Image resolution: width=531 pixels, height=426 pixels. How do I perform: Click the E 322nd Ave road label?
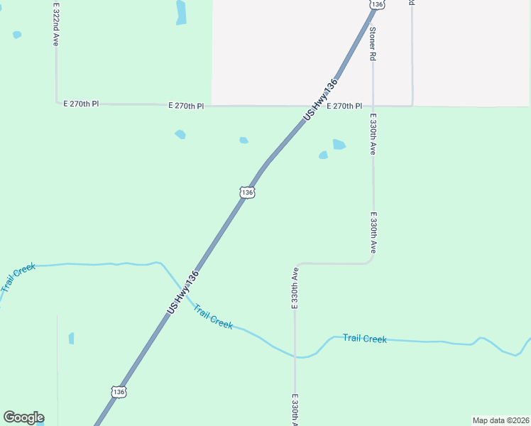[x=55, y=24]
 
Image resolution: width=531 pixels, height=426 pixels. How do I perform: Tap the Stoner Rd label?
[x=372, y=43]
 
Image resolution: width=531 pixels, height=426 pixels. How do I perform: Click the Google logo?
[x=23, y=417]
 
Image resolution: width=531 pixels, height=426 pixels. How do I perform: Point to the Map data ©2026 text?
[x=500, y=420]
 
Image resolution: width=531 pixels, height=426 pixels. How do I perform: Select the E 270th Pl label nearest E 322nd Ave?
[x=81, y=104]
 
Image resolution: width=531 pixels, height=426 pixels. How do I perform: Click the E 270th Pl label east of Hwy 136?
[x=344, y=106]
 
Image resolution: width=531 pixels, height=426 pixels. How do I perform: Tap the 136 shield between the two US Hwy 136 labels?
[x=246, y=192]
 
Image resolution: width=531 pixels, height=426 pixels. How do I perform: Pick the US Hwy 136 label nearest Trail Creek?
[x=182, y=293]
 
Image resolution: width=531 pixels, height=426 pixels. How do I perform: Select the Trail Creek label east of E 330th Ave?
[x=364, y=339]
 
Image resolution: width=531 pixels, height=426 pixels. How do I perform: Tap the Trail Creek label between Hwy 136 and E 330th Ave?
[x=213, y=317]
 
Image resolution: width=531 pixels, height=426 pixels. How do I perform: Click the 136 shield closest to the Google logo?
[x=119, y=391]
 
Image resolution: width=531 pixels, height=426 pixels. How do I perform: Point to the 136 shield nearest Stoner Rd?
[x=377, y=4]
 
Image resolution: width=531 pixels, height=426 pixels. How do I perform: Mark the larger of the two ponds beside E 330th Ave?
[x=339, y=144]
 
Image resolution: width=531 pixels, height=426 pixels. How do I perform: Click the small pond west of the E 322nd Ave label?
[x=17, y=34]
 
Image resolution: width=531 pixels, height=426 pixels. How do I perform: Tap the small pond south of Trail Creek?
[x=71, y=338]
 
